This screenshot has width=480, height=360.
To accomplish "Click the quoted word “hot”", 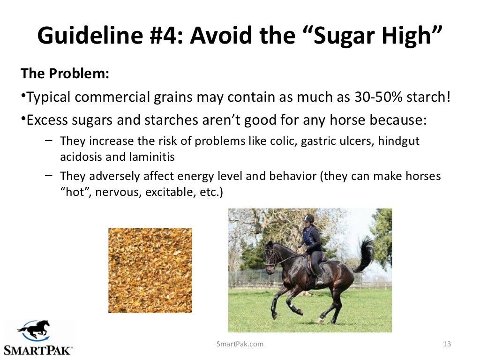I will pyautogui.click(x=75, y=192).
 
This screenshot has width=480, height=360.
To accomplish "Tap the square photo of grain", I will pyautogui.click(x=150, y=270).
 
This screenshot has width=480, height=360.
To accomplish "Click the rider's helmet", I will pyautogui.click(x=308, y=218).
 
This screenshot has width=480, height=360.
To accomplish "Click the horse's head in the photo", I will pyautogui.click(x=270, y=255).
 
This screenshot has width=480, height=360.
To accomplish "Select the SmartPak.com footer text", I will pyautogui.click(x=240, y=344).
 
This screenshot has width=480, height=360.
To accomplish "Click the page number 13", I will pyautogui.click(x=447, y=344).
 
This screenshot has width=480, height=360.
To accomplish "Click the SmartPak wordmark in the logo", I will pyautogui.click(x=37, y=350).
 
